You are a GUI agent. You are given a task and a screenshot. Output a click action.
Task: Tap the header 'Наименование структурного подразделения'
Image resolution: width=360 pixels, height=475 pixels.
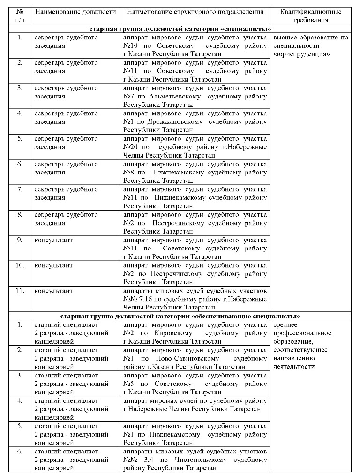[195, 12]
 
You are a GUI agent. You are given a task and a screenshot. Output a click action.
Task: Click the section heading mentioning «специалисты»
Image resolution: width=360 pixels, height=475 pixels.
[180, 29]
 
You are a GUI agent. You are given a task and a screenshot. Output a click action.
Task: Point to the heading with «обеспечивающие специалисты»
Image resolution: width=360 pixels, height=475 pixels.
[180, 316]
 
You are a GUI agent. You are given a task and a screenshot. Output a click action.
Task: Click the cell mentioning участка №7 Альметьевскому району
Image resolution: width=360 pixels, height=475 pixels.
[195, 96]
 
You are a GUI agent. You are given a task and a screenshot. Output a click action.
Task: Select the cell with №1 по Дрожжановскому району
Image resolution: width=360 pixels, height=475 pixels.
[195, 121]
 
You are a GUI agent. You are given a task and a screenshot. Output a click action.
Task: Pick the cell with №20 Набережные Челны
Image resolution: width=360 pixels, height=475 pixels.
[195, 147]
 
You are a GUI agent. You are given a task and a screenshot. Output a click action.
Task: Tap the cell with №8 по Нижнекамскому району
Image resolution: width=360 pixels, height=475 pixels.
[195, 172]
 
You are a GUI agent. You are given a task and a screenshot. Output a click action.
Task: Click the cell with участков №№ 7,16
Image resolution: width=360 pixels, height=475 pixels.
[195, 299]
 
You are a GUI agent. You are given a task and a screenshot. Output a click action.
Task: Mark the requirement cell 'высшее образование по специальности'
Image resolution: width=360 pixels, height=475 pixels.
[310, 46]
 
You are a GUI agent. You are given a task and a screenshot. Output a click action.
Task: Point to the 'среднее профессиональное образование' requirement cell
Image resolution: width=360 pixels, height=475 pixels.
[310, 346]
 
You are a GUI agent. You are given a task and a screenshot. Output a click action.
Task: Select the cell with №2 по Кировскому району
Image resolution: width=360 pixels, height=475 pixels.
[195, 333]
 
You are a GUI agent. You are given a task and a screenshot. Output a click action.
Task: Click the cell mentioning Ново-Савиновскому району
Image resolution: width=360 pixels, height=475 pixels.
[195, 358]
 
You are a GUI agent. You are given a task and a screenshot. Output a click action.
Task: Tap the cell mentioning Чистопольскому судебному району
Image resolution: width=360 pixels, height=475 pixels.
[195, 460]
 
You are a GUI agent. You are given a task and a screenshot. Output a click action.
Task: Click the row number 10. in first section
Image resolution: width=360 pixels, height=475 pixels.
[20, 265]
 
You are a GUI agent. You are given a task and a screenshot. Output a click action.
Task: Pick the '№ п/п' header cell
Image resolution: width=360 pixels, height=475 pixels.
[20, 16]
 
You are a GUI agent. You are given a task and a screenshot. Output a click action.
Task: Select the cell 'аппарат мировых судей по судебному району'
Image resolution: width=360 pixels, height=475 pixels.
[195, 405]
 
